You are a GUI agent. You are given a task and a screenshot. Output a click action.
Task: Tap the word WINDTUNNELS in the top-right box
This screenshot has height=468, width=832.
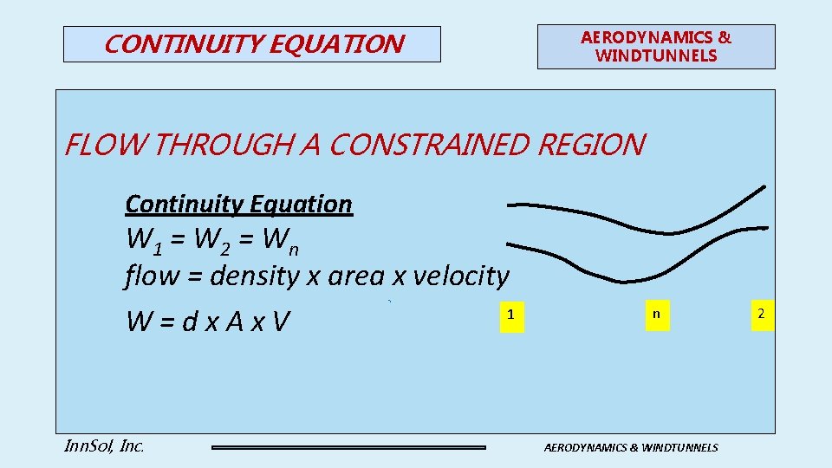pos(656,55)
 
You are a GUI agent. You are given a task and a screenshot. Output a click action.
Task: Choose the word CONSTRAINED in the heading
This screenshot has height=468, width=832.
pos(430,145)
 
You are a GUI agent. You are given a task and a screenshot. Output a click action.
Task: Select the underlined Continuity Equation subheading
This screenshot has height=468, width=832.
pos(239,204)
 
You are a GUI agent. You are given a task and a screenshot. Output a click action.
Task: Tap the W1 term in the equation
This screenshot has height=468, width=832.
pos(142,237)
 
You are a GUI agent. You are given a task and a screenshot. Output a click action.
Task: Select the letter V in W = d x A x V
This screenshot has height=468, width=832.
pos(279,322)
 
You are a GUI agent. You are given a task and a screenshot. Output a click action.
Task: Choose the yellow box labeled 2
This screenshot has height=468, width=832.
pos(761,313)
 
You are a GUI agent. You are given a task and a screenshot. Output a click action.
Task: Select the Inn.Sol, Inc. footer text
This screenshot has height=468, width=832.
pos(104,446)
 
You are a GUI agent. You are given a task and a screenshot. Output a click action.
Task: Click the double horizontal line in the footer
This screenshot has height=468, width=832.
pos(348,447)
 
